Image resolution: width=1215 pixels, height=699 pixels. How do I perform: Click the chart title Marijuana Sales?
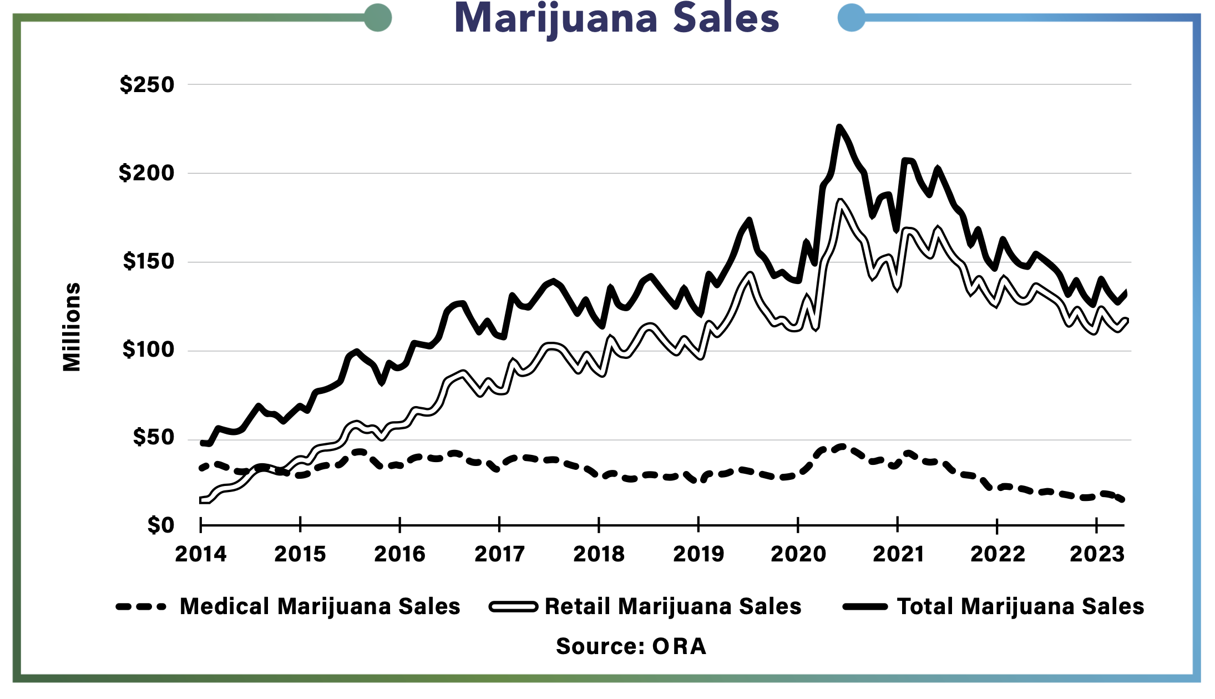click(x=616, y=19)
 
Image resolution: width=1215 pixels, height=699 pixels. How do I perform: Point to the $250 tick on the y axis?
click(x=147, y=85)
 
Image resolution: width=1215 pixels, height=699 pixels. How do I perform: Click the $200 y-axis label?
click(x=146, y=173)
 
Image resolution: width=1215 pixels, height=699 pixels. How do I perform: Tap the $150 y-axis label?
click(x=148, y=261)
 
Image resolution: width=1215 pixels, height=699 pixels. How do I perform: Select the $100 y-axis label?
click(x=148, y=349)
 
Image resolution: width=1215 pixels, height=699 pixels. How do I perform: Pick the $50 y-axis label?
click(x=153, y=438)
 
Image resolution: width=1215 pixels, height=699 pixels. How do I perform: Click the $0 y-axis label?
click(x=160, y=525)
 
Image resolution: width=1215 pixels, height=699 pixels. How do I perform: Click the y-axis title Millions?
click(x=72, y=327)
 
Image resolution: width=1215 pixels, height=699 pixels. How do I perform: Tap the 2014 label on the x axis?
click(x=201, y=554)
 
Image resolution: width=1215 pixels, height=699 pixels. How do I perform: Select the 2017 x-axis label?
click(x=499, y=554)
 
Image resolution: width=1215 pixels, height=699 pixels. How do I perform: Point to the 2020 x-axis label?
click(x=798, y=554)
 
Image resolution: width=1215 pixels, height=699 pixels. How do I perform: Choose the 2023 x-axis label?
click(x=1096, y=554)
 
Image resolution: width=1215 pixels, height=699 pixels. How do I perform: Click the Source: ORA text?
click(x=631, y=646)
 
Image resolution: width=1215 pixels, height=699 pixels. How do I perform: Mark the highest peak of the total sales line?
click(x=839, y=127)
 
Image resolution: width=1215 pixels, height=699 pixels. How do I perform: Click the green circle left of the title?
click(x=378, y=18)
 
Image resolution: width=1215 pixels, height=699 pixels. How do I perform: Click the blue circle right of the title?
click(x=851, y=18)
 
